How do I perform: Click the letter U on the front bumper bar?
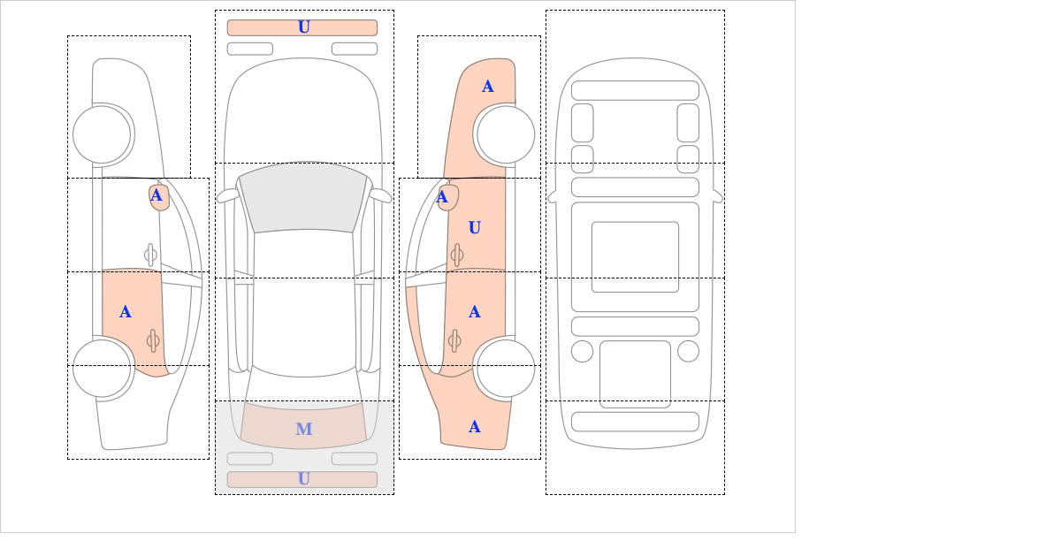pyautogui.click(x=304, y=27)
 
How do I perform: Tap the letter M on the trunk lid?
pyautogui.click(x=304, y=429)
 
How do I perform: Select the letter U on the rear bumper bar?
pyautogui.click(x=304, y=479)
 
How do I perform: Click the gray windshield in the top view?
pyautogui.click(x=303, y=198)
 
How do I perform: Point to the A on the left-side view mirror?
pyautogui.click(x=156, y=195)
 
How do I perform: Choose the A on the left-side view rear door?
pyautogui.click(x=125, y=312)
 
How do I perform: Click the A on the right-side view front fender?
pyautogui.click(x=488, y=87)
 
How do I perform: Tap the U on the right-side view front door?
pyautogui.click(x=475, y=228)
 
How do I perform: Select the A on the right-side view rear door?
pyautogui.click(x=475, y=312)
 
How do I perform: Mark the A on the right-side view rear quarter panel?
pyautogui.click(x=475, y=427)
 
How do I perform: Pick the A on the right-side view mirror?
pyautogui.click(x=442, y=196)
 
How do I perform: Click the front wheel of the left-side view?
pyautogui.click(x=102, y=135)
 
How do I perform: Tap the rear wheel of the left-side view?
pyautogui.click(x=102, y=368)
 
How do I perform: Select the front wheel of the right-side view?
pyautogui.click(x=506, y=135)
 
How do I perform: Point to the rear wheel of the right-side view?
pyautogui.click(x=506, y=368)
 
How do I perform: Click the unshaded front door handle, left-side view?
pyautogui.click(x=150, y=255)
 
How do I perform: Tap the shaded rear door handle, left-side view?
pyautogui.click(x=153, y=340)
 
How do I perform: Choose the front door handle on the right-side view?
pyautogui.click(x=457, y=255)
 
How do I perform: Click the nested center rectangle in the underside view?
pyautogui.click(x=635, y=256)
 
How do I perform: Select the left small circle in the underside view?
pyautogui.click(x=582, y=352)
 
